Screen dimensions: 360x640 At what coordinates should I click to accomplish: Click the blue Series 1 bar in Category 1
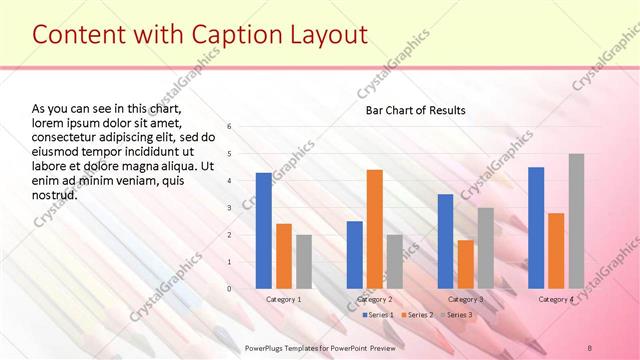coord(263,231)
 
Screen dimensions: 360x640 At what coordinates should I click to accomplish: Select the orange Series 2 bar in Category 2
coord(374,229)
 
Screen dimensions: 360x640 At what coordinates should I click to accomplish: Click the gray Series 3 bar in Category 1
coord(303,262)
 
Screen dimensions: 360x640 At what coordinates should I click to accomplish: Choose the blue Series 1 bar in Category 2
coord(354,255)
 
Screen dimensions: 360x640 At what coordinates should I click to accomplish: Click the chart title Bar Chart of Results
coord(415,110)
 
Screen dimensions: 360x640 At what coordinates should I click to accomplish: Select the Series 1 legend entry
coord(377,315)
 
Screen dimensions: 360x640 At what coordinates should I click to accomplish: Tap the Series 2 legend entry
coord(417,315)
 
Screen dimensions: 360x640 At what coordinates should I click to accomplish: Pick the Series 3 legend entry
coord(456,315)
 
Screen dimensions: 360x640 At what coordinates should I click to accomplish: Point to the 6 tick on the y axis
coord(229,127)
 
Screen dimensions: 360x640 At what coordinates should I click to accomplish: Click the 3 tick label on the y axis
coord(229,208)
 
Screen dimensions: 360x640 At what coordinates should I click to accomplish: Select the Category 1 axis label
coord(283,299)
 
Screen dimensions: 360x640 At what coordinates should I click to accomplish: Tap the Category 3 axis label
coord(465,299)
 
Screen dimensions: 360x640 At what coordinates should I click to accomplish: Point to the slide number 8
coord(590,347)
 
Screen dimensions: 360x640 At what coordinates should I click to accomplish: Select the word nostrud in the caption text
coord(55,194)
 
